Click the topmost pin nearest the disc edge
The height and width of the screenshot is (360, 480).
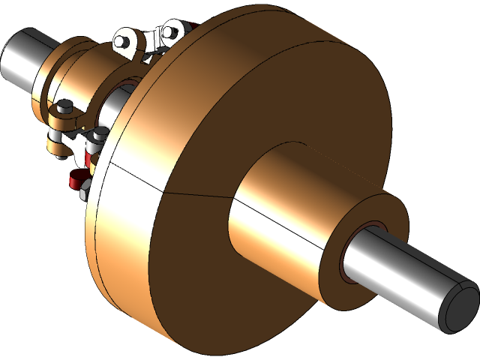(169, 31)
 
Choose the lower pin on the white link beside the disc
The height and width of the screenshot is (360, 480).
(98, 135)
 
